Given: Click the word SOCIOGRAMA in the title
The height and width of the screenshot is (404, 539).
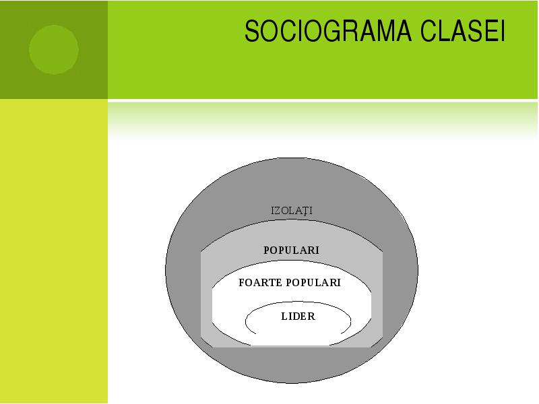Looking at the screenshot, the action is tap(328, 31).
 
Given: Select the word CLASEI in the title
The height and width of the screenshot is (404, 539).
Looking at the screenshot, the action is tap(463, 31).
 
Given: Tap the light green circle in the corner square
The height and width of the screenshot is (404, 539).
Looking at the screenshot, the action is tap(54, 49).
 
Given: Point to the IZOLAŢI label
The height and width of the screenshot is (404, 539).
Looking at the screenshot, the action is tap(292, 211).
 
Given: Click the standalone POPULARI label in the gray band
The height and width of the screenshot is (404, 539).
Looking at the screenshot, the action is tap(292, 250).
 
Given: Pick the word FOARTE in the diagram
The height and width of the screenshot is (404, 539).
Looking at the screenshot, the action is tap(261, 282).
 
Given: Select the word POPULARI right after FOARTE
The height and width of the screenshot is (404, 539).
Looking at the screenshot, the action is tap(313, 282).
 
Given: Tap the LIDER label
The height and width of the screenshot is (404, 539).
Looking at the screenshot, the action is tap(298, 316).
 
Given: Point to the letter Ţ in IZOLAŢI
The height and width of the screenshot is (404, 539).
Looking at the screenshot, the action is tap(305, 211).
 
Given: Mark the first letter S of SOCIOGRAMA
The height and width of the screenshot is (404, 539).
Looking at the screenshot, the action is tap(251, 31).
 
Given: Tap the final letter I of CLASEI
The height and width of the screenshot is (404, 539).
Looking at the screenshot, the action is tap(503, 31).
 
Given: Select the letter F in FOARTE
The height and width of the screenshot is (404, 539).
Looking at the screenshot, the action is tap(242, 282).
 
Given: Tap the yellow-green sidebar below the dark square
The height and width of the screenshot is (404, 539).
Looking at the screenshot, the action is tap(54, 250).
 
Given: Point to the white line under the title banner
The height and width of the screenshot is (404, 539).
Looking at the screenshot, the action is tap(323, 100).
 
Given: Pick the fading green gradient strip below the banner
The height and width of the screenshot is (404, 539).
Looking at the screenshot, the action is tap(323, 121).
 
